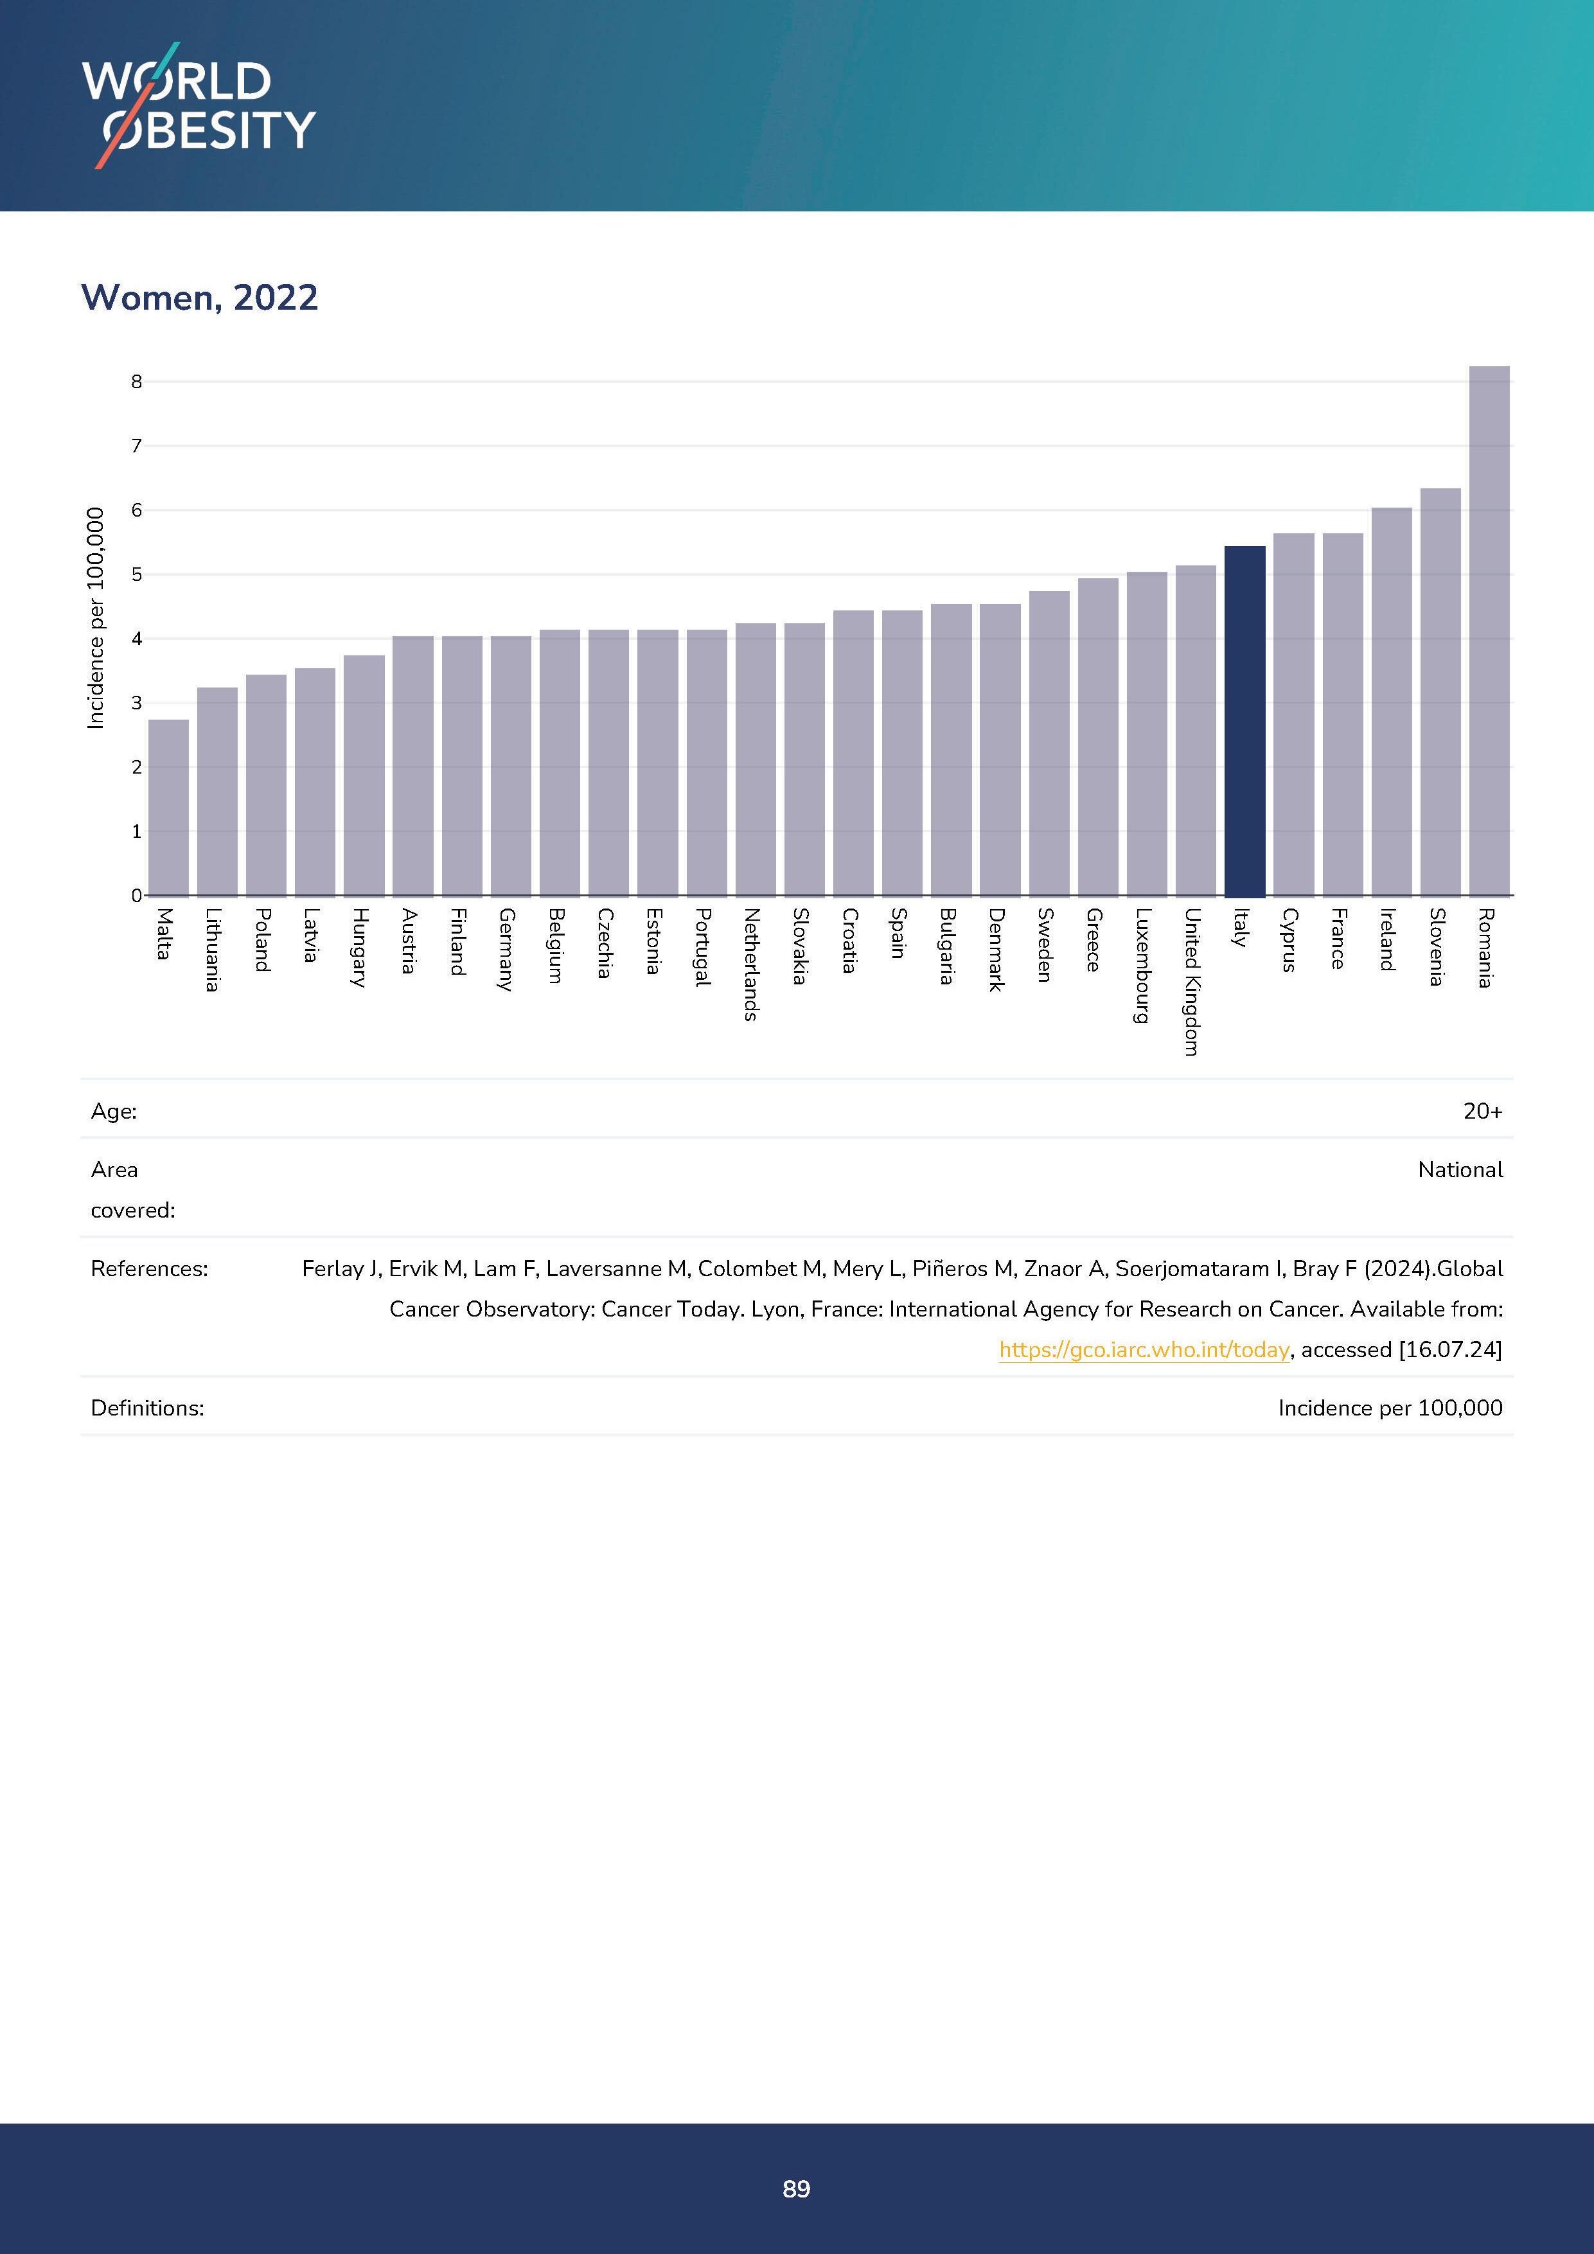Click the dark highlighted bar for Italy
(x=1244, y=722)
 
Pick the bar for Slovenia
(x=1440, y=692)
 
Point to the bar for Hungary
(x=364, y=776)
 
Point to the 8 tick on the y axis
(x=136, y=382)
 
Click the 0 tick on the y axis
(x=136, y=895)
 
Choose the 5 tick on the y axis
(x=136, y=574)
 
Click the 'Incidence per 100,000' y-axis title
(x=95, y=619)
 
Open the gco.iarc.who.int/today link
(x=1144, y=1350)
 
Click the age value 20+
(x=1482, y=1112)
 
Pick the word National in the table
(x=1460, y=1169)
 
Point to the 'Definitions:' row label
(x=147, y=1408)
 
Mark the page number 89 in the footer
(x=796, y=2188)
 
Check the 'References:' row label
(x=149, y=1268)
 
